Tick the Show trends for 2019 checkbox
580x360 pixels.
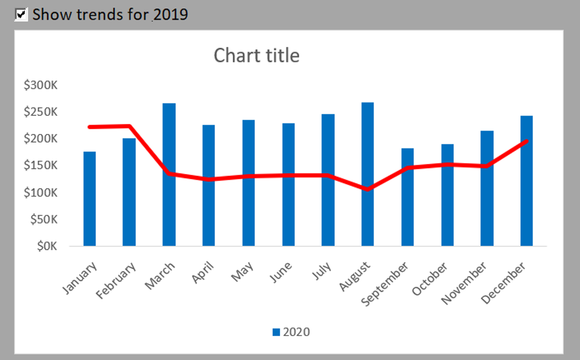[x=21, y=15]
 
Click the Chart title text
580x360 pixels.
[x=256, y=56]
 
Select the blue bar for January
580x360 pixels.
[x=89, y=199]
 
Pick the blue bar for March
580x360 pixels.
[x=169, y=174]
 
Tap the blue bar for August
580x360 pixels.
[x=368, y=174]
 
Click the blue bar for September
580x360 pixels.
[x=408, y=197]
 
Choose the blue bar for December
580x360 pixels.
[x=527, y=181]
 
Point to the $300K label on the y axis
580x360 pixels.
[x=40, y=85]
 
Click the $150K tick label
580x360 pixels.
[x=40, y=165]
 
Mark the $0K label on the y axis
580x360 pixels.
[x=47, y=246]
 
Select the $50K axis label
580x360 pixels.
[x=44, y=219]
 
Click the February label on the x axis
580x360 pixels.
[x=116, y=280]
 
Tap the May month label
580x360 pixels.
[x=242, y=272]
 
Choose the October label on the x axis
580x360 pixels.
[x=429, y=279]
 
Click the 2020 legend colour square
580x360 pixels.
[x=276, y=332]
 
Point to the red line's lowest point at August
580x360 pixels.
[x=367, y=189]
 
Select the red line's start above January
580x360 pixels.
[x=89, y=127]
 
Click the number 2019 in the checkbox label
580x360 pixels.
[x=171, y=15]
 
